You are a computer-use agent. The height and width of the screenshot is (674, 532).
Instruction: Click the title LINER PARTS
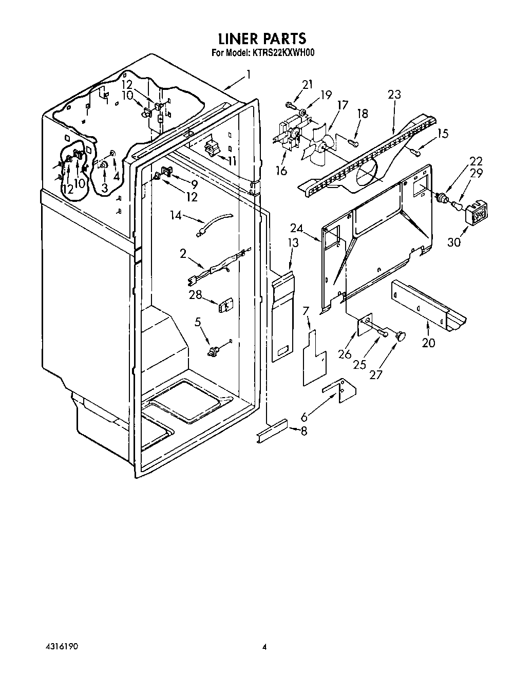(x=262, y=39)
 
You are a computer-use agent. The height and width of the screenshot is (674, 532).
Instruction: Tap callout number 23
(x=394, y=95)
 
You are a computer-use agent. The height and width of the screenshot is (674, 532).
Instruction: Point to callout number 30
(x=454, y=241)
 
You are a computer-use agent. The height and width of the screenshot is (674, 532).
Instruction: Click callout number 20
(x=428, y=343)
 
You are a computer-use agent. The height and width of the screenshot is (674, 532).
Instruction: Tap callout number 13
(x=293, y=242)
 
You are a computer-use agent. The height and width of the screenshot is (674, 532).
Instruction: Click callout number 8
(x=303, y=431)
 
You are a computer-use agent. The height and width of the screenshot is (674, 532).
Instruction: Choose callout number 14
(x=176, y=215)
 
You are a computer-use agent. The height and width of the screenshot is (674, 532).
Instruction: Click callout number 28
(x=196, y=294)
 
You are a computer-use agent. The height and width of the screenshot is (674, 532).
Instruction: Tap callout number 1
(x=248, y=74)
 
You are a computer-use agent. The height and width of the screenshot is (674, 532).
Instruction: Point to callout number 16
(x=281, y=171)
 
